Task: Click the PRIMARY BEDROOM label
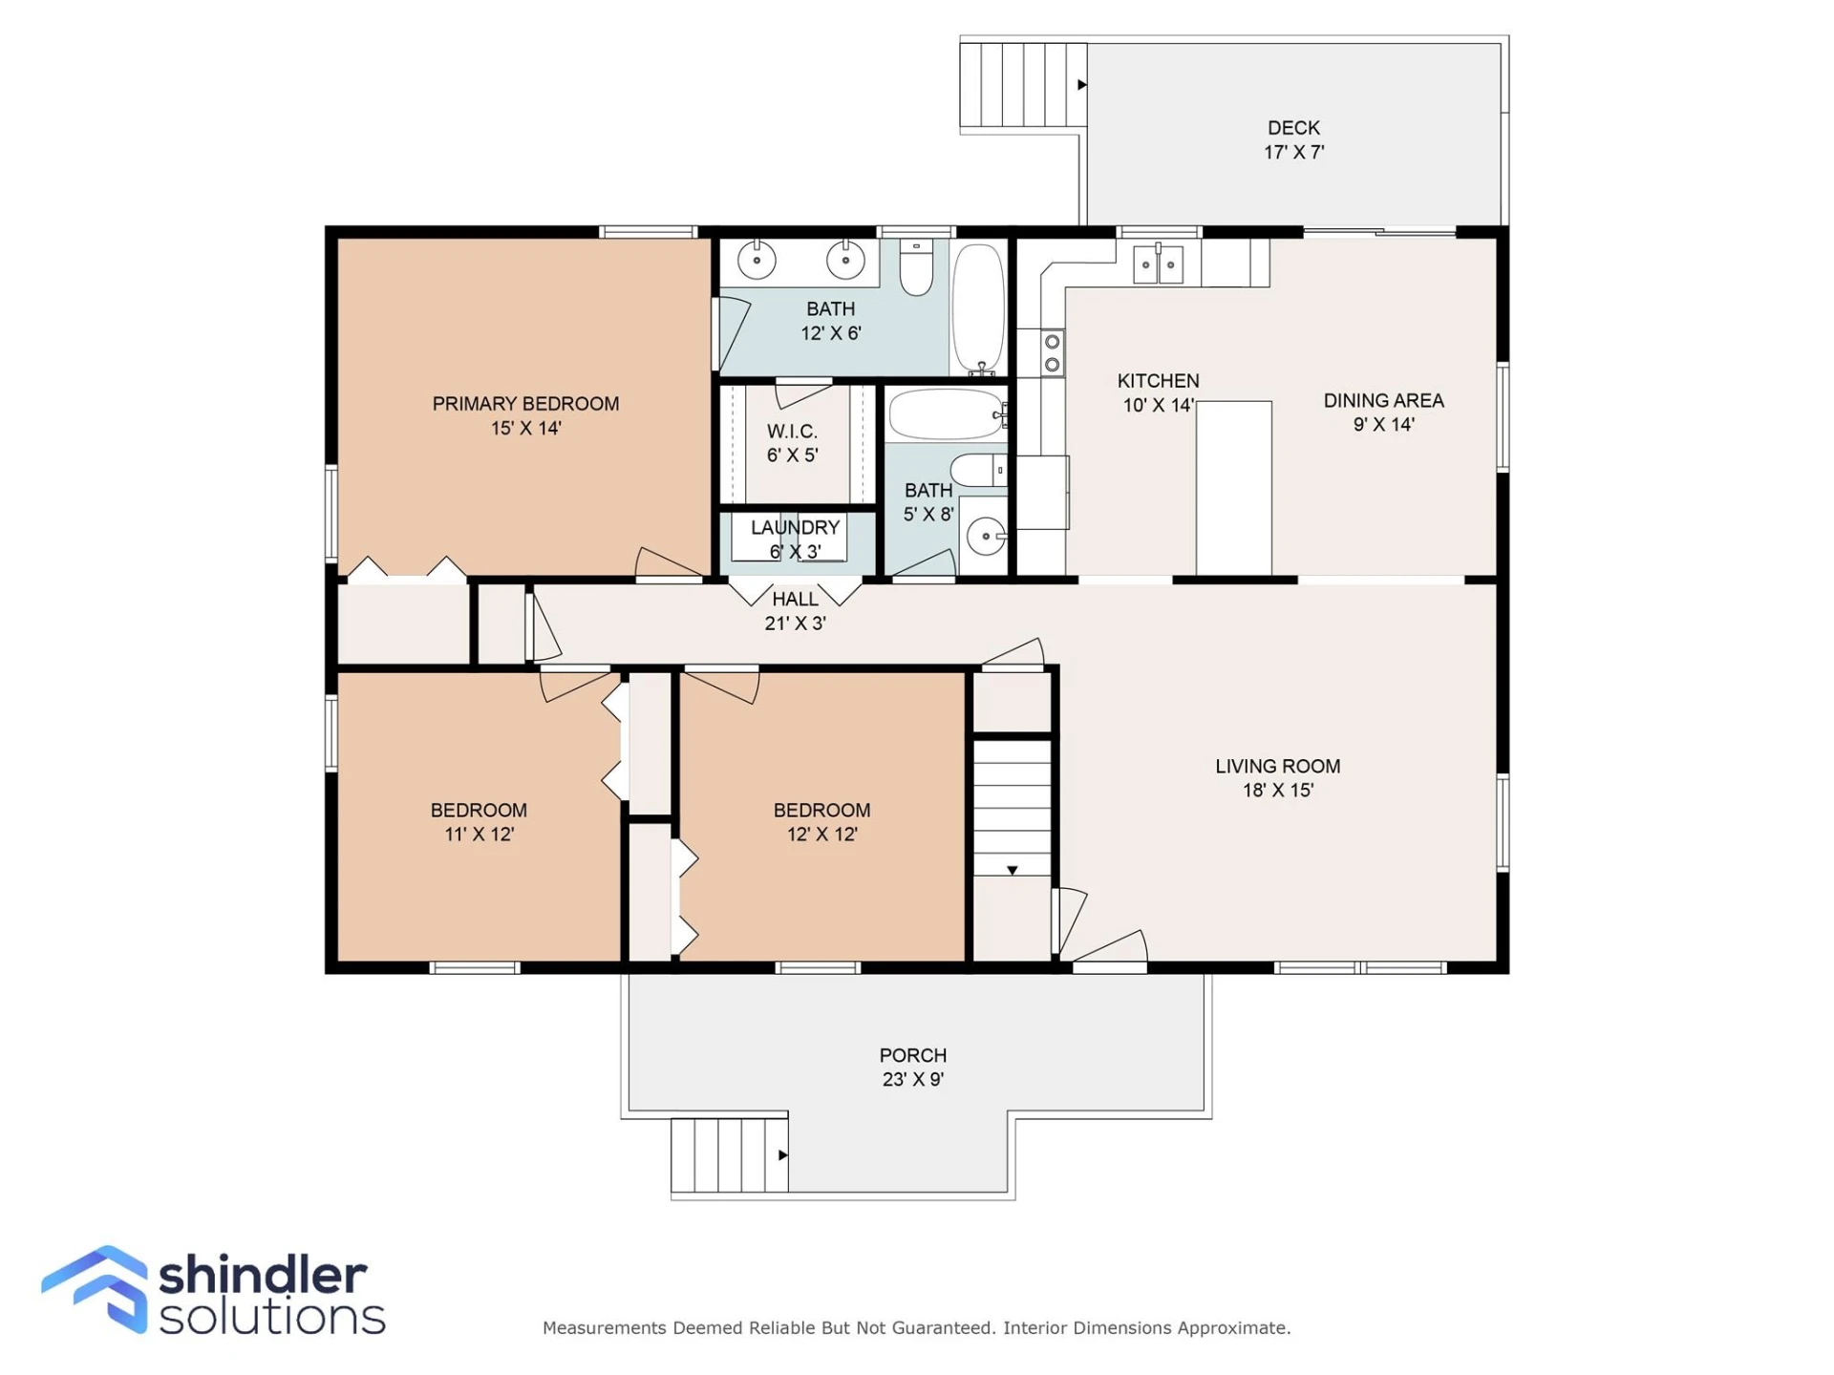point(525,404)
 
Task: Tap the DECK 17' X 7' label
point(1294,139)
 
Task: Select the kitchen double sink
point(1158,264)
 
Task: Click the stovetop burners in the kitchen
point(1052,353)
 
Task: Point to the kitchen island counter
point(1234,489)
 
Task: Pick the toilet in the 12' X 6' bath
point(916,267)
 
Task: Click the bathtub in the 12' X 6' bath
point(979,308)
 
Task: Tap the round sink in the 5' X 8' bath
point(986,537)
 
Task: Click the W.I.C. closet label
point(792,432)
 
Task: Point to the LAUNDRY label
point(795,528)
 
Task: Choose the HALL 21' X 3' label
point(795,611)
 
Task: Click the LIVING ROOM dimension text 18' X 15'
point(1278,791)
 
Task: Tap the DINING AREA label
point(1383,401)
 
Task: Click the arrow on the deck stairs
point(1082,85)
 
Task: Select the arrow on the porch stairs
point(783,1155)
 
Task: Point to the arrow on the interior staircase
point(1013,870)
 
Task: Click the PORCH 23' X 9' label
point(913,1068)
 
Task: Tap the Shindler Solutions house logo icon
point(96,1288)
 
